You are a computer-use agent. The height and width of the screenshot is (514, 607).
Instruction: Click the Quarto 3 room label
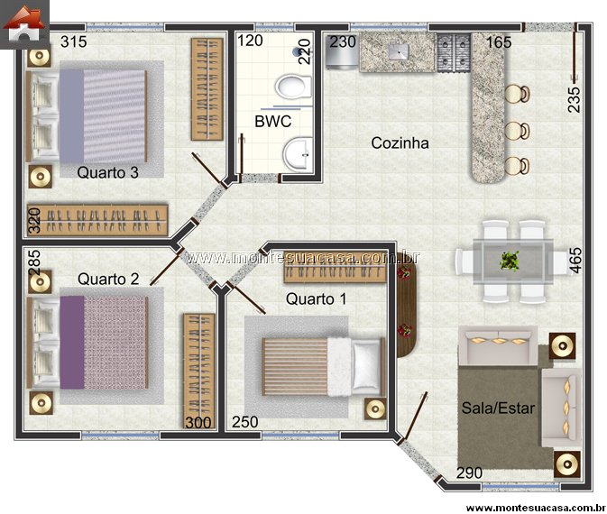tap(107, 172)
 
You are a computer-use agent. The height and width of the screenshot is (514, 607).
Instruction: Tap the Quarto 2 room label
tap(108, 279)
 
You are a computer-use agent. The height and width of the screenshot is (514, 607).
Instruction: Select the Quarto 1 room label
tap(316, 298)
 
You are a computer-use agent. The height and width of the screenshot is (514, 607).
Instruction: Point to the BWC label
tap(273, 122)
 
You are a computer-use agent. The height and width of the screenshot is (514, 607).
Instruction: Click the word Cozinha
tap(400, 143)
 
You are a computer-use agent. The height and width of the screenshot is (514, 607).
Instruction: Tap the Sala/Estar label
tap(498, 408)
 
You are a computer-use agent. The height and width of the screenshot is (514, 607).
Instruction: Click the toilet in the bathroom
tap(292, 87)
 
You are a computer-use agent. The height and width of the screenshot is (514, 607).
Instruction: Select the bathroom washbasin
tap(298, 153)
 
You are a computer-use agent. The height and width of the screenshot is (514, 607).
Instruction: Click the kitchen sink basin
tap(399, 52)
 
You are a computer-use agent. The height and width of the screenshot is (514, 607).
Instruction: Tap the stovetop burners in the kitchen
tap(454, 53)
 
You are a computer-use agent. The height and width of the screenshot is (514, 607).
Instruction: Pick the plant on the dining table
tap(510, 261)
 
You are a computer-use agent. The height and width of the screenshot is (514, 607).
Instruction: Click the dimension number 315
tap(74, 41)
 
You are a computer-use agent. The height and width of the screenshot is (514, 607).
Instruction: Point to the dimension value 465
tap(575, 261)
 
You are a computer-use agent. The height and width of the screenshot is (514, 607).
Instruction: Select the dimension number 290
tap(470, 473)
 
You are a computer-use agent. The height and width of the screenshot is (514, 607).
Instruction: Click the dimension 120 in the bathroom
tap(250, 41)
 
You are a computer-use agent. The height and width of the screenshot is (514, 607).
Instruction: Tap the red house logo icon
tap(24, 24)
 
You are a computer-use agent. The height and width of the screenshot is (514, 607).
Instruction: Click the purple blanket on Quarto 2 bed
tap(72, 343)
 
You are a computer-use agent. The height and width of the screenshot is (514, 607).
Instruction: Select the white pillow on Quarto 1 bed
tap(366, 365)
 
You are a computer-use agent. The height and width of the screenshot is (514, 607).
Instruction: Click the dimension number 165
tap(499, 42)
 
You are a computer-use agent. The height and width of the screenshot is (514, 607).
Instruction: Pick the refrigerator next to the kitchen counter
tap(343, 52)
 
